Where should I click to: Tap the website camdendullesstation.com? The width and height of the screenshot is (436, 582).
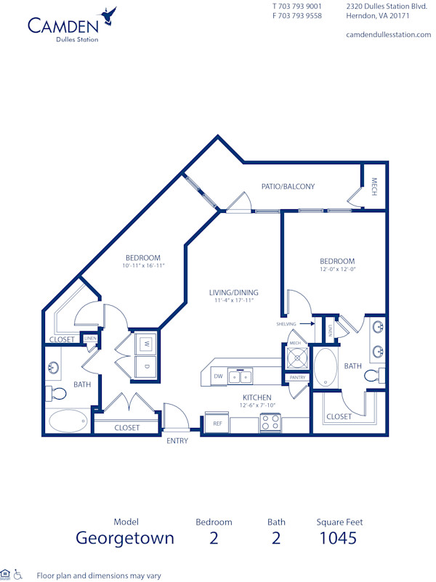[388, 35]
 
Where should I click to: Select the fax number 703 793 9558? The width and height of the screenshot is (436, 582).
[297, 15]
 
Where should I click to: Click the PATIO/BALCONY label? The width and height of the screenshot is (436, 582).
[289, 187]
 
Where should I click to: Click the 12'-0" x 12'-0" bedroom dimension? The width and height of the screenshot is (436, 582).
[337, 270]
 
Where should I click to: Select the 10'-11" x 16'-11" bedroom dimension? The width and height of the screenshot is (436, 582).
[142, 266]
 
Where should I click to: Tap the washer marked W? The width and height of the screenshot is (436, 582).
[145, 343]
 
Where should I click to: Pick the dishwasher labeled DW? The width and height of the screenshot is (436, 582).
[218, 376]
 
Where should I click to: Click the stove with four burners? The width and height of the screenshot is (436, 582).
[270, 423]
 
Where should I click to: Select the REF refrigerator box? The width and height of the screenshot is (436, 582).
[217, 423]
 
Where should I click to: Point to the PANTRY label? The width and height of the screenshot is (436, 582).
[297, 378]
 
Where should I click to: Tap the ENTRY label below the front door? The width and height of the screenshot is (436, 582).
[177, 441]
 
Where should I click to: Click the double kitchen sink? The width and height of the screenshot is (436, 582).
[240, 376]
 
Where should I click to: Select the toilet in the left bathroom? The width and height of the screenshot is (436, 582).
[57, 394]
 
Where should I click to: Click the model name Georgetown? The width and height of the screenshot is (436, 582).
[125, 538]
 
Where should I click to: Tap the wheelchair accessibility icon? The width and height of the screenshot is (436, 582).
[19, 574]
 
